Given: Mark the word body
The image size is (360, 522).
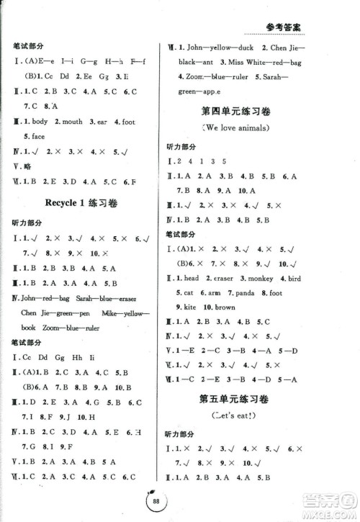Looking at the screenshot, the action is (40, 122).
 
